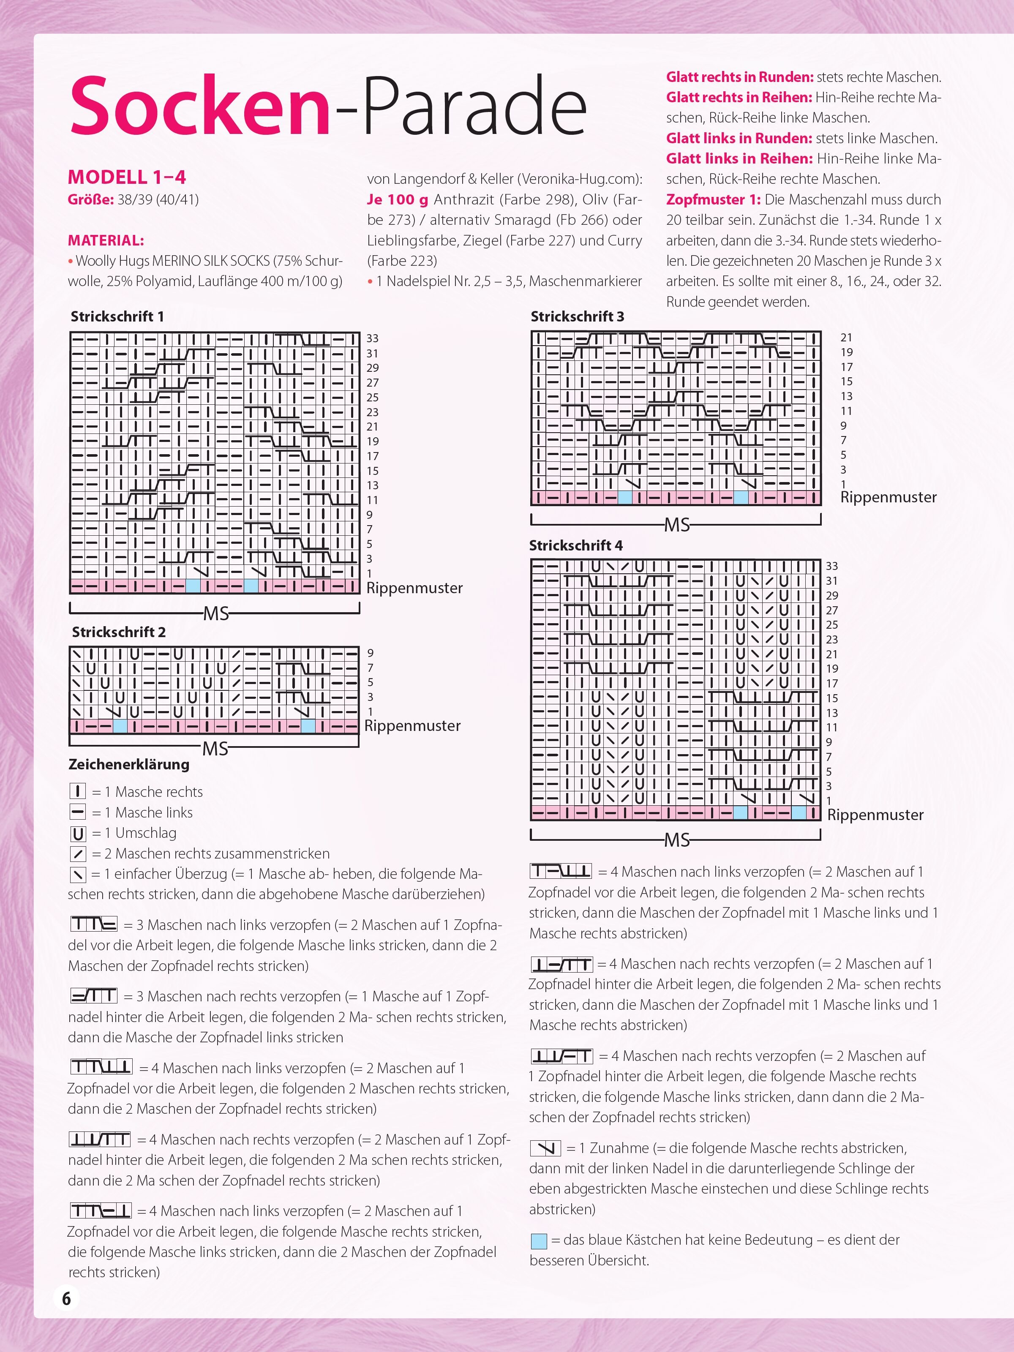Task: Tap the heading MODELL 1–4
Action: point(126,177)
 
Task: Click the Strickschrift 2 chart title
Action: point(119,632)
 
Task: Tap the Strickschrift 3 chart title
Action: point(577,316)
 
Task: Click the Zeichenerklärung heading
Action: point(129,764)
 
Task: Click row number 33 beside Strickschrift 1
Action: point(372,338)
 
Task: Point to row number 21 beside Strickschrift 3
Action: point(846,338)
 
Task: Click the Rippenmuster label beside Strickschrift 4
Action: point(875,815)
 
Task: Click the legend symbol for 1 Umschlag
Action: point(78,834)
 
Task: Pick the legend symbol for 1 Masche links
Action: point(78,813)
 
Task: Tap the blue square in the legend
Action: point(539,1241)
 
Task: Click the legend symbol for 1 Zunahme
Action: point(545,1148)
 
